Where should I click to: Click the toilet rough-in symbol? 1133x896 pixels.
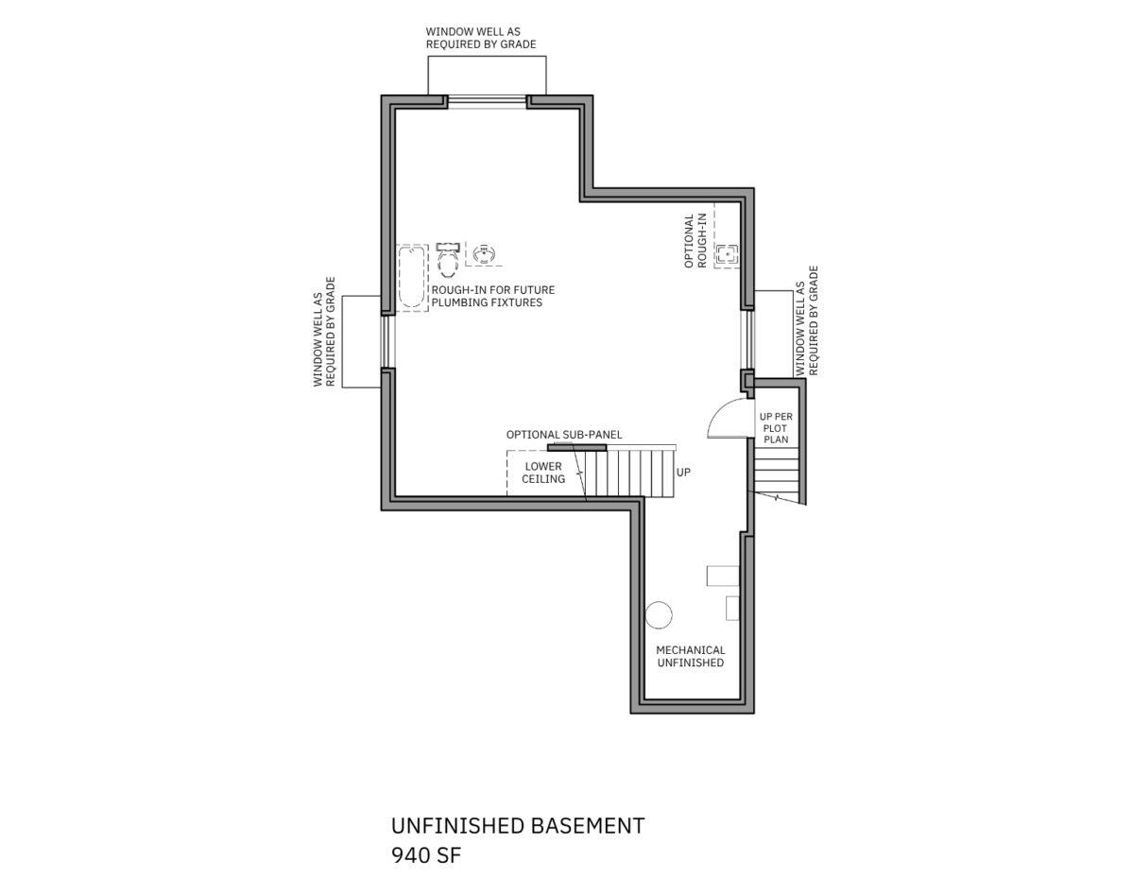pos(448,260)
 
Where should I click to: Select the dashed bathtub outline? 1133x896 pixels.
pos(413,278)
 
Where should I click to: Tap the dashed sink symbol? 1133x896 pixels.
pos(484,254)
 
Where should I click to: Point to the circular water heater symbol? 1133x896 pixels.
pos(659,615)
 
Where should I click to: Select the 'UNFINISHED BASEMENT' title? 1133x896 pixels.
pos(518,825)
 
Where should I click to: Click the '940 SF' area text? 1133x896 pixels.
pos(425,855)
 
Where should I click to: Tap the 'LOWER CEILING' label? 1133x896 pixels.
pos(543,473)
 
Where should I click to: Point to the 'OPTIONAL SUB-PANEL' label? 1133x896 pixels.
pos(563,435)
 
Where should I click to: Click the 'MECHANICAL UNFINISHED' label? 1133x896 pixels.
pos(690,656)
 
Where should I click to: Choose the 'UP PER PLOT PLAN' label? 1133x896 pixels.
pos(776,428)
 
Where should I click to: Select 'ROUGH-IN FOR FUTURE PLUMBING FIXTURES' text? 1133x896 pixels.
pos(493,296)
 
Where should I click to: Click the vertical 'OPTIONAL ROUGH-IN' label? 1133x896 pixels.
pos(695,241)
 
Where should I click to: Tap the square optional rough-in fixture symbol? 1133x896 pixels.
pos(727,255)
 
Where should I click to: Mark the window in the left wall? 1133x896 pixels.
pos(388,342)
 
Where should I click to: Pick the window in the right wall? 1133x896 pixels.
pos(747,339)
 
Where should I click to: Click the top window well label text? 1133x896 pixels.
pos(481,38)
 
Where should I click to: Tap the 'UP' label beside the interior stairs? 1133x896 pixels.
pos(683,472)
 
